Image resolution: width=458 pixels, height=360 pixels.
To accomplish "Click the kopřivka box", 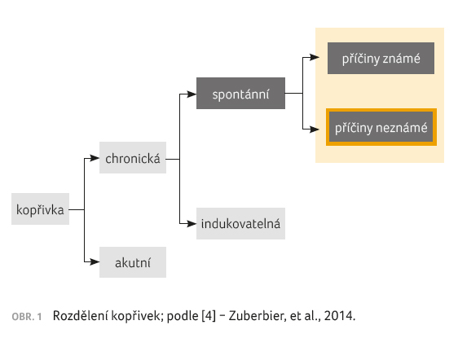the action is pyautogui.click(x=40, y=209).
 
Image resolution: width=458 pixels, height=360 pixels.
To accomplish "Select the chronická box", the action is pyautogui.click(x=133, y=158).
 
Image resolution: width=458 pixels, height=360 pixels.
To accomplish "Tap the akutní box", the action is pyautogui.click(x=133, y=262).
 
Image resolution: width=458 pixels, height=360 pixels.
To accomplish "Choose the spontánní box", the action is pyautogui.click(x=240, y=93).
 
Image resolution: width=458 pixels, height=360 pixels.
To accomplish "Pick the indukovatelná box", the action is pyautogui.click(x=240, y=224).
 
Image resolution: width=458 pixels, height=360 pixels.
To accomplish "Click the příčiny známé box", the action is pyautogui.click(x=381, y=58).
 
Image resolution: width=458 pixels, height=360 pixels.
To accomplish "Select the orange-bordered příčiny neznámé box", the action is pyautogui.click(x=381, y=127).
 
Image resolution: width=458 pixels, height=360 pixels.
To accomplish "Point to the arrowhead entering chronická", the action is pyautogui.click(x=95, y=158).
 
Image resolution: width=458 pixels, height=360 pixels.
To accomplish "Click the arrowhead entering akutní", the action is pyautogui.click(x=95, y=262).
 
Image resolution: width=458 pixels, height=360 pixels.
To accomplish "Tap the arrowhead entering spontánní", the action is pyautogui.click(x=192, y=94).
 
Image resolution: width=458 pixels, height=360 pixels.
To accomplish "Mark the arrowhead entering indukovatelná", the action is pyautogui.click(x=192, y=224).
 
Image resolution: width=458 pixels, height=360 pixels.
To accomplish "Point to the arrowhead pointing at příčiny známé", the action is pyautogui.click(x=315, y=57).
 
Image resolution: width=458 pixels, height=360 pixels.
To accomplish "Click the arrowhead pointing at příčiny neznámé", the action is pyautogui.click(x=315, y=129).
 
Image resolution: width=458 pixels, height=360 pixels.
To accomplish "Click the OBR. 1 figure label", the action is pyautogui.click(x=27, y=317).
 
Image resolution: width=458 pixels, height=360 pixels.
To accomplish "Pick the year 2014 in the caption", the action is pyautogui.click(x=339, y=316).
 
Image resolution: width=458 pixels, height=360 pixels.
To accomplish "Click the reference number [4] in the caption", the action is pyautogui.click(x=209, y=316).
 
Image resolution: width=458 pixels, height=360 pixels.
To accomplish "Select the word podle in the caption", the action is pyautogui.click(x=183, y=316).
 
